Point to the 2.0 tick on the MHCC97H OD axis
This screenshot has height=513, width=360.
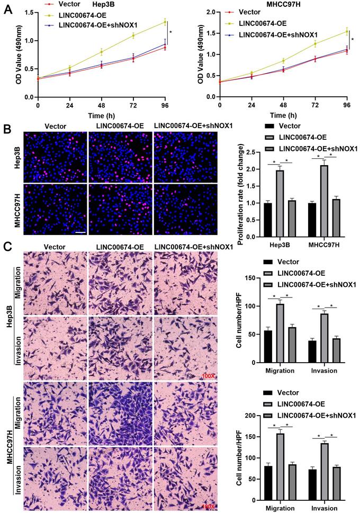tap(209, 12)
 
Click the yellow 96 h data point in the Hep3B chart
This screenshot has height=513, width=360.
tap(165, 22)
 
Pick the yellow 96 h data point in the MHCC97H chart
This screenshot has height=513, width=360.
tap(347, 32)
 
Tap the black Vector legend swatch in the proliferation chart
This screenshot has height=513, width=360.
tap(269, 126)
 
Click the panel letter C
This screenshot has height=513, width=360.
tap(7, 246)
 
